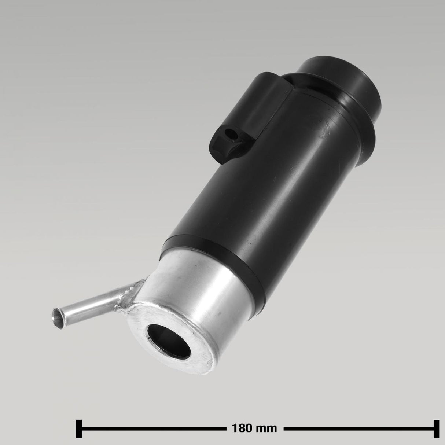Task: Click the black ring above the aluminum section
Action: (213, 249)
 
